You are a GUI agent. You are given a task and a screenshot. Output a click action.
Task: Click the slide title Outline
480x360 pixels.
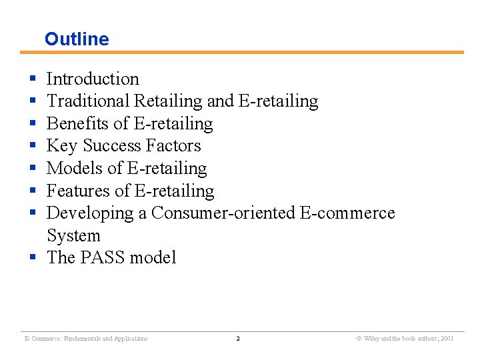(77, 39)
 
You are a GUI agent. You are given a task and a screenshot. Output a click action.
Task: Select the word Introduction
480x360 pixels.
(93, 79)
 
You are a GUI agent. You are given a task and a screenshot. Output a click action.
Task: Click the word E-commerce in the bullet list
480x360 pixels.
(347, 213)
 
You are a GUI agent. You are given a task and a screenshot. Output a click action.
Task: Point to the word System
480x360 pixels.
(73, 236)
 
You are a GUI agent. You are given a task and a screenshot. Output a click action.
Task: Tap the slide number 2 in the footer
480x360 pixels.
(238, 339)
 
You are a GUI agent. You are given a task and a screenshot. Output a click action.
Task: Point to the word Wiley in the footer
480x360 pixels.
(372, 339)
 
